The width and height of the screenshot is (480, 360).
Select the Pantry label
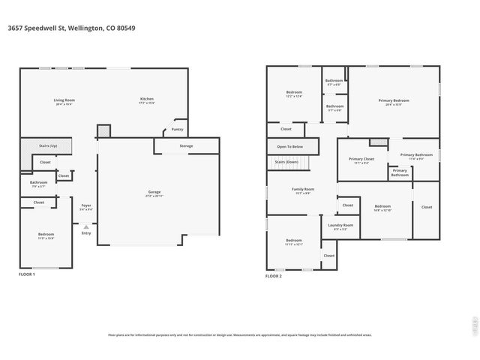[177, 130]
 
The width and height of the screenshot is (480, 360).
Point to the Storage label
[186, 145]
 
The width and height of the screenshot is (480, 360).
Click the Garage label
[154, 192]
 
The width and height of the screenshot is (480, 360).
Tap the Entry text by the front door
[86, 232]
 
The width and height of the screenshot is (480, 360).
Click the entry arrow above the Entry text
[86, 226]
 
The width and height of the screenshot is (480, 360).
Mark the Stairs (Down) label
[286, 161]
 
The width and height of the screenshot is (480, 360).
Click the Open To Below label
[289, 146]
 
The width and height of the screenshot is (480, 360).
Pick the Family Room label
[303, 189]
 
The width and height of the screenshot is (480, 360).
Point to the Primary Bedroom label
[393, 100]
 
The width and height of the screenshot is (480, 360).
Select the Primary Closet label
[361, 159]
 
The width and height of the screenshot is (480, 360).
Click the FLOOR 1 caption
[27, 275]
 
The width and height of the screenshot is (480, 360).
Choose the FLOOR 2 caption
[274, 276]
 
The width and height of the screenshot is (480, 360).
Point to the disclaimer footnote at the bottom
[239, 335]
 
